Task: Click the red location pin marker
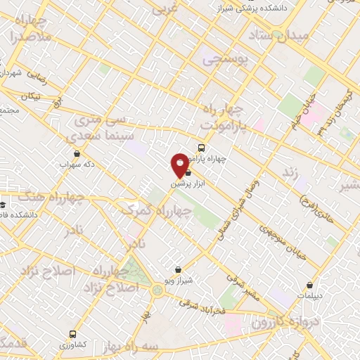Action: [180, 165]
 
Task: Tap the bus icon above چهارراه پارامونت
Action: [202, 148]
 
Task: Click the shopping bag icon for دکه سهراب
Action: [77, 154]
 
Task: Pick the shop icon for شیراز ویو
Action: [179, 269]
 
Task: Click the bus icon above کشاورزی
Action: [72, 334]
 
